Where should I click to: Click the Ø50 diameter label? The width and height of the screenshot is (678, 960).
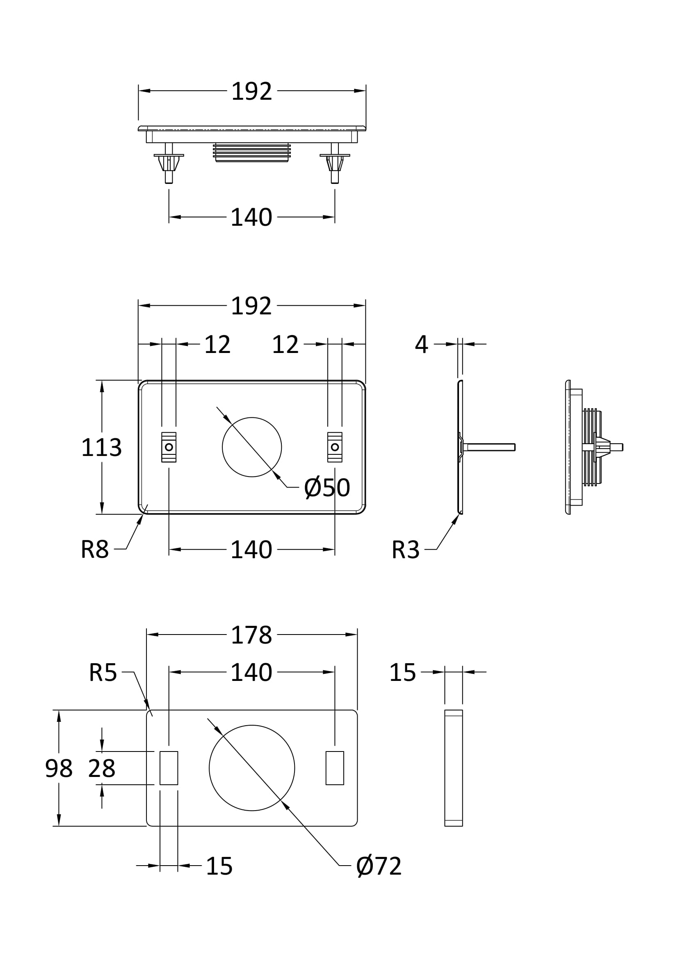pos(326,488)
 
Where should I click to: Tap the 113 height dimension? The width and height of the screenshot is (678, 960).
pos(101,447)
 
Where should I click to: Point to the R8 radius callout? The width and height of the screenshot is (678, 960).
pos(95,550)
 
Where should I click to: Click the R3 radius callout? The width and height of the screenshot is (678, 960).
pos(405,550)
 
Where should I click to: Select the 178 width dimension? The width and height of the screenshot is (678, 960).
pos(251,635)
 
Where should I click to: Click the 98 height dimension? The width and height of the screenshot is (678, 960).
pos(59,768)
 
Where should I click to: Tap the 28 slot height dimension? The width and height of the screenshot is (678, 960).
pos(101,768)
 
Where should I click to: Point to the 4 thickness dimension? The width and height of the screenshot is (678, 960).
pos(422,344)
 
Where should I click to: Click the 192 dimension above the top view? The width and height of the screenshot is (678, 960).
pos(251,91)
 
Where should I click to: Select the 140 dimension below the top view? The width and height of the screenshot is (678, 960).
pos(251,218)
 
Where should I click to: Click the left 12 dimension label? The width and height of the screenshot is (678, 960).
pos(217,344)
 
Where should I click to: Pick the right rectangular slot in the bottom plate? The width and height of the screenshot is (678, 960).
pos(335,768)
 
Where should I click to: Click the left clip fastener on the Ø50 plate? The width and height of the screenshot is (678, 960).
pos(169,447)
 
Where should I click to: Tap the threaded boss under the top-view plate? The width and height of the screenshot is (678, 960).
pos(251,153)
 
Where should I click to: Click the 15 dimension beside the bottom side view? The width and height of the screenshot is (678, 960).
pos(402,672)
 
